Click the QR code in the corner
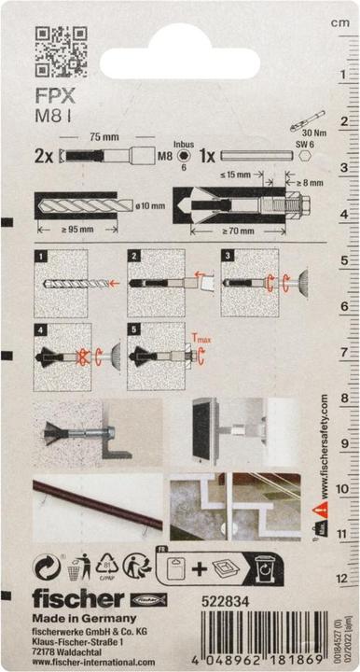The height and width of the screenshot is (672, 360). [61, 50]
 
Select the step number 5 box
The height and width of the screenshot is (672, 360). [134, 329]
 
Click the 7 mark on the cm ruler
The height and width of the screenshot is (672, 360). [343, 354]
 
